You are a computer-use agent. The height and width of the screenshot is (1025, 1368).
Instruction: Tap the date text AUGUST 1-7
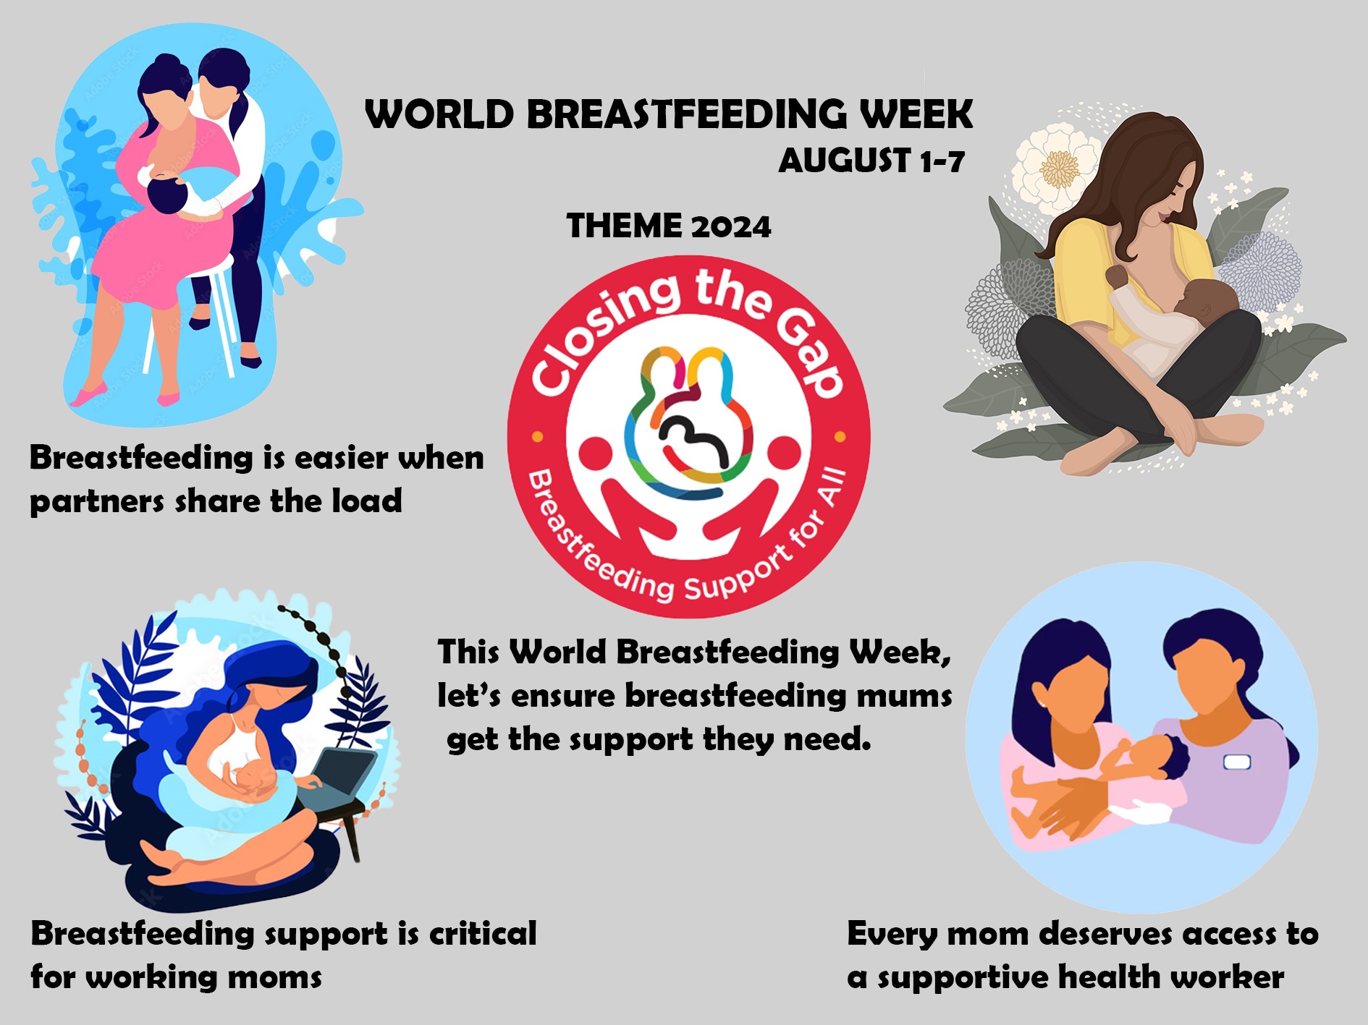871,161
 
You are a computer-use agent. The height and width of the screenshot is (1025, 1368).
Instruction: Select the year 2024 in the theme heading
731,226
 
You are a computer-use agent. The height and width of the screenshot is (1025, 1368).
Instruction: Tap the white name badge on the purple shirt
1236,762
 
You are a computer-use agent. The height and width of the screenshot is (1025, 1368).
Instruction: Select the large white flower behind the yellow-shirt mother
1058,166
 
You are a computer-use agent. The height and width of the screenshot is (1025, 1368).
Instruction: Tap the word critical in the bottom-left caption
483,933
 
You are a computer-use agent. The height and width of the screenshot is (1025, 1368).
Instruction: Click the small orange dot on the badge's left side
538,437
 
